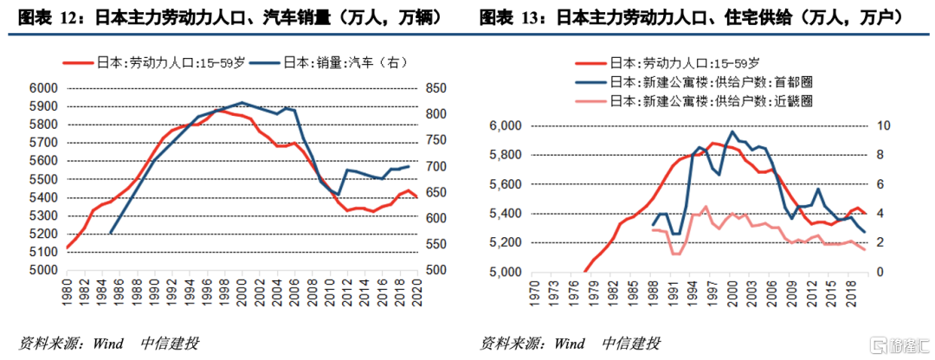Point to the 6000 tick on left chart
43,88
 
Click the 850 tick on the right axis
436,88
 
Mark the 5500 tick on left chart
43,179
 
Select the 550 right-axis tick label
436,245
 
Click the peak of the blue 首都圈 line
732,132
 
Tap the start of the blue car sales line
111,233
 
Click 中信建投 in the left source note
170,343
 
